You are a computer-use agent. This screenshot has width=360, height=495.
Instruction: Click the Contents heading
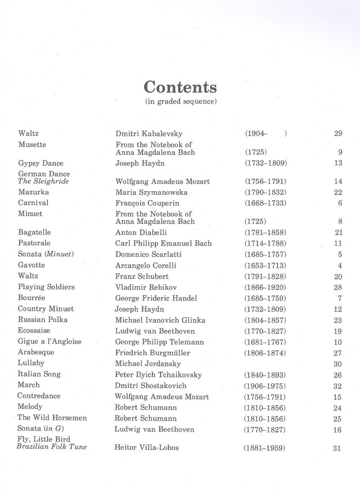point(180,87)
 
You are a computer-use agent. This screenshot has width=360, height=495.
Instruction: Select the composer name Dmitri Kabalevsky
point(149,134)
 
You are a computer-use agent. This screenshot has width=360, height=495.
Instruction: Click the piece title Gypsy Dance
point(41,163)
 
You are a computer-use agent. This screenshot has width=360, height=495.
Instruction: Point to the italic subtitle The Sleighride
point(43,181)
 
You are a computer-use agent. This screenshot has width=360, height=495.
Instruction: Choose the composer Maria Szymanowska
point(151,192)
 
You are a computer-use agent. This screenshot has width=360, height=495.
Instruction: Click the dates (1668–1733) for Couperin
point(266,203)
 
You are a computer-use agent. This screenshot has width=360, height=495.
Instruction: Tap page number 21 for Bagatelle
point(339,233)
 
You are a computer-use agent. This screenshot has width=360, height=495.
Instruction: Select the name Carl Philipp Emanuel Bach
point(163,243)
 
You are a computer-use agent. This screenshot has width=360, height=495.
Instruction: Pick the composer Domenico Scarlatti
point(148,255)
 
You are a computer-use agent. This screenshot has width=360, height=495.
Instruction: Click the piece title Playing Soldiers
point(46,287)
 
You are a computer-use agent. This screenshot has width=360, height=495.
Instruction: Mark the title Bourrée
point(31,298)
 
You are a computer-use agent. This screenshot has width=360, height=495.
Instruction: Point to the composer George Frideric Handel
point(156,298)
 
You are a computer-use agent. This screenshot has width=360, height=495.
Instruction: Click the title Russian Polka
point(42,320)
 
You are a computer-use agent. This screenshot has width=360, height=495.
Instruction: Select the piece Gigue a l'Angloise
point(49,342)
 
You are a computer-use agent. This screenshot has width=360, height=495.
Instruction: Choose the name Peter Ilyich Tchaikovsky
point(159,375)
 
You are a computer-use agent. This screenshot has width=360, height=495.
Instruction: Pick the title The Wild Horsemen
point(52,418)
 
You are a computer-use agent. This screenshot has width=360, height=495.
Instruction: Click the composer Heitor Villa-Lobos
point(146,448)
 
